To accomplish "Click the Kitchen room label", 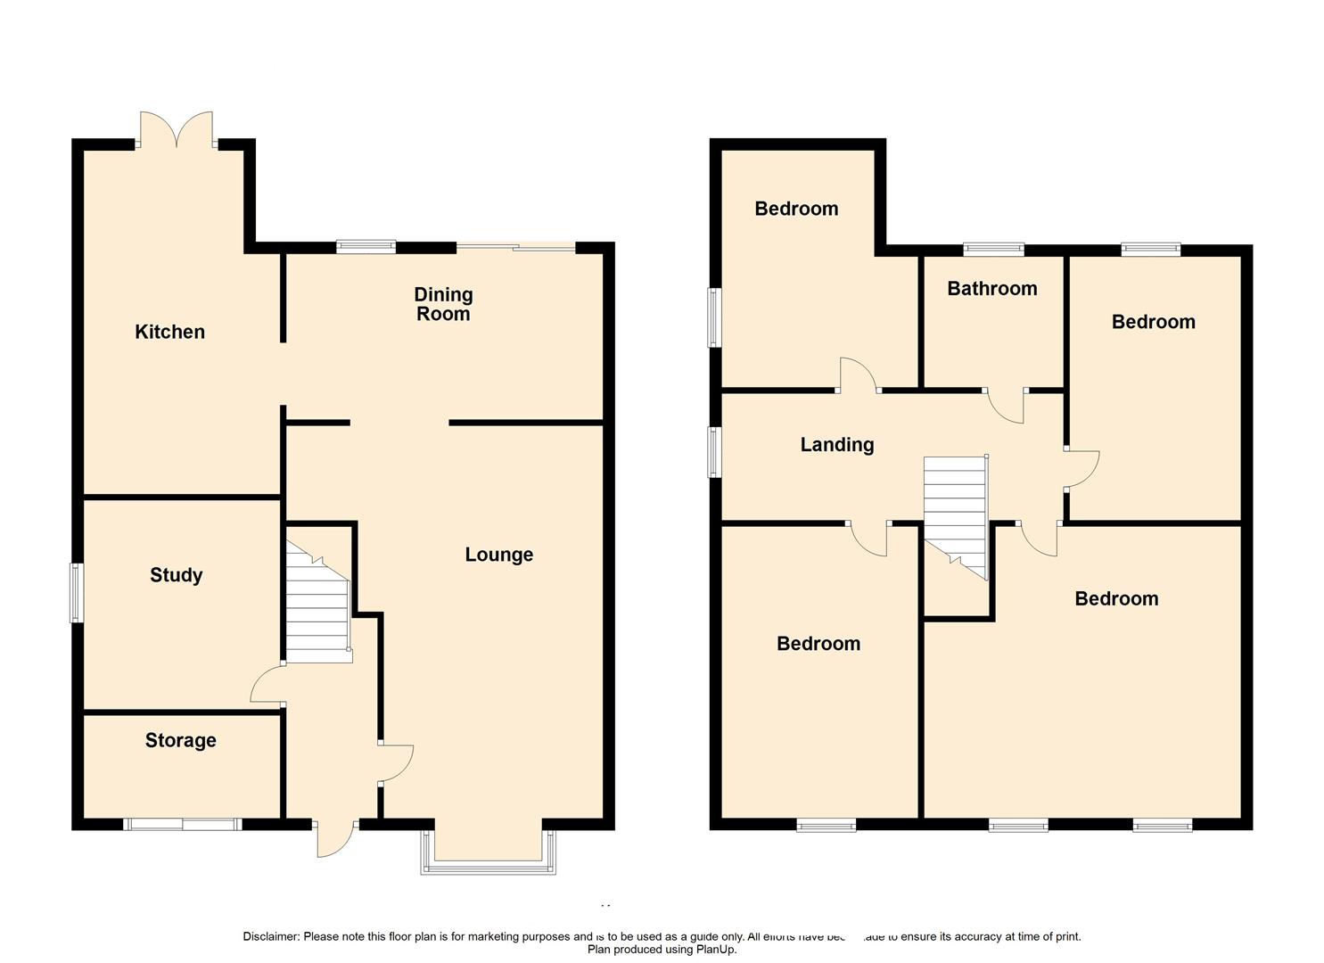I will point(169,332).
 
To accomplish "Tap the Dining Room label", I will point(443,304).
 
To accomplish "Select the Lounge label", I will point(498,555).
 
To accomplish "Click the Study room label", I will point(176,575).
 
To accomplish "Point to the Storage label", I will point(180,740).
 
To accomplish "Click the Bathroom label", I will point(991,288).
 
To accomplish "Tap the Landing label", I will point(836,444).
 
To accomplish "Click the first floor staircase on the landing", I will point(956,513).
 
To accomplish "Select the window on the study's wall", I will point(78,592).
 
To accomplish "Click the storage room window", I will point(183,825).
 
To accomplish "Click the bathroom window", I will point(994,249).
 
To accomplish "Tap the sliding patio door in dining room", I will point(516,247).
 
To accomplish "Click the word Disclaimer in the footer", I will point(271,936).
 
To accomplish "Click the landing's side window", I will point(714,452).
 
